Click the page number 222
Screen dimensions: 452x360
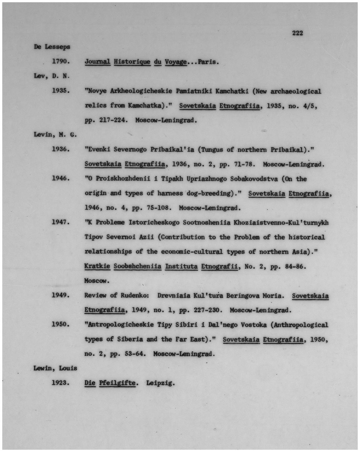[297, 33]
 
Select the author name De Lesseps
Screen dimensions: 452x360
[52, 47]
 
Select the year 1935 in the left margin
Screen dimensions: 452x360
[60, 91]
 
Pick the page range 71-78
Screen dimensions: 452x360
[244, 164]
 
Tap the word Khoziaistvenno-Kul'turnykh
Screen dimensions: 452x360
[281, 223]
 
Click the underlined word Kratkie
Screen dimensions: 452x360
[97, 266]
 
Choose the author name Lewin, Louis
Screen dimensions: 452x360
[55, 368]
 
